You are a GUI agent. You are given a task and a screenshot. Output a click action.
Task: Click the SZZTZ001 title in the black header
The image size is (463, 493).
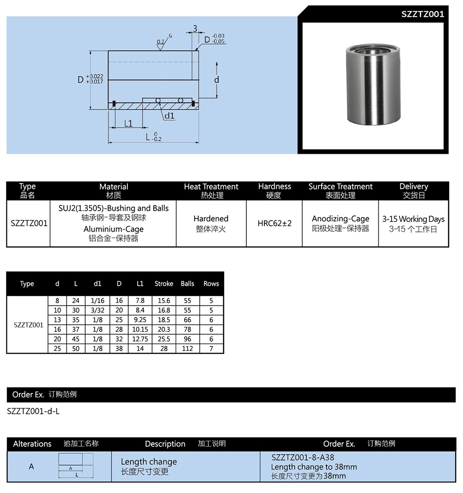pos(422,14)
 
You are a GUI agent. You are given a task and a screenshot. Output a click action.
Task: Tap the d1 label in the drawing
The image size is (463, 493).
pos(169,116)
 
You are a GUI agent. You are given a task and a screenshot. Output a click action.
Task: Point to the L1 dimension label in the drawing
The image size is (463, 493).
pos(128,123)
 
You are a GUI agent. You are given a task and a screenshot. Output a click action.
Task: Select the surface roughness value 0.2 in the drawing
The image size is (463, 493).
pos(160,42)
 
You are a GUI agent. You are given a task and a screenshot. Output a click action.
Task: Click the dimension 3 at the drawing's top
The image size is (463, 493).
pos(195,29)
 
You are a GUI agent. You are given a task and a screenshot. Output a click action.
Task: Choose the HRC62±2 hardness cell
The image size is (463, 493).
pos(275,223)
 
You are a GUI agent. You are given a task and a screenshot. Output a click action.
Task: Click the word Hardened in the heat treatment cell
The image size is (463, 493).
pos(211,219)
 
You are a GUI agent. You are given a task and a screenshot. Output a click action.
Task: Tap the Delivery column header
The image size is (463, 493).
pos(413,186)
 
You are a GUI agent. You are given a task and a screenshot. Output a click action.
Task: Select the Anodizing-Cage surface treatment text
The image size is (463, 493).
pos(340,219)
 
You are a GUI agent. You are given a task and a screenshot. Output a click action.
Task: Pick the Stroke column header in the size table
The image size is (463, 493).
pos(164,284)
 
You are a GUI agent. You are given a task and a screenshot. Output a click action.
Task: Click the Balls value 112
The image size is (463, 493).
pos(188,348)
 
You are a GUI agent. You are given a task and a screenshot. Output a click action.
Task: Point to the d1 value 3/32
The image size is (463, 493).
pos(97,310)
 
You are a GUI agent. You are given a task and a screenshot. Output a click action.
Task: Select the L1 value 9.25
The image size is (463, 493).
pos(140,320)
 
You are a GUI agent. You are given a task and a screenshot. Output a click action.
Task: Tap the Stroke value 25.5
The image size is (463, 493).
pos(164,339)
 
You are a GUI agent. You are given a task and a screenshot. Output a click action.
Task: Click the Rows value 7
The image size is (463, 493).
pos(211,348)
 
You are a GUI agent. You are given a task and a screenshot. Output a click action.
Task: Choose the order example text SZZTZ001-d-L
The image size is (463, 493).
pos(33,411)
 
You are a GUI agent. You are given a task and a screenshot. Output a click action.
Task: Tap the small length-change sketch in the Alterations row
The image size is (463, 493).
pos(75,465)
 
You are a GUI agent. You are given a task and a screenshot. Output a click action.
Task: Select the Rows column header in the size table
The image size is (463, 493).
pos(211,284)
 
